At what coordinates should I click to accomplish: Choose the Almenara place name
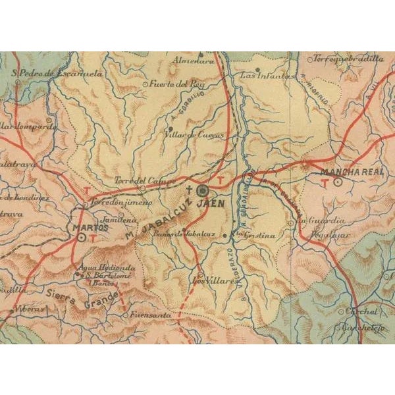pyautogui.click(x=193, y=61)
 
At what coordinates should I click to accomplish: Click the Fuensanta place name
pyautogui.click(x=146, y=315)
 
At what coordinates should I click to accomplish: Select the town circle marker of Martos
pyautogui.click(x=82, y=237)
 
